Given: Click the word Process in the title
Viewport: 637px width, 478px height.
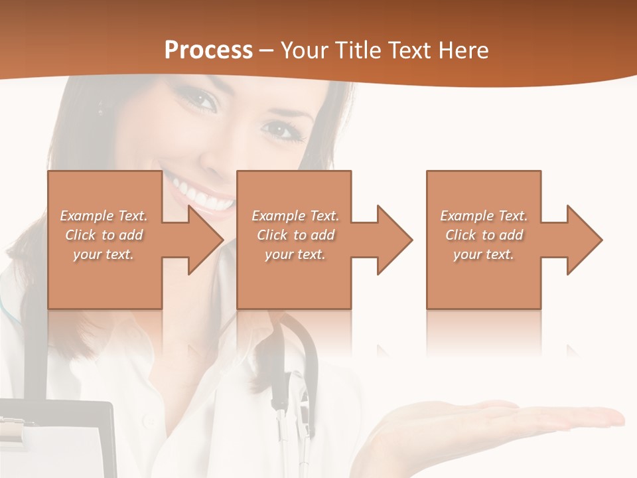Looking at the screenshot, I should pos(208,50).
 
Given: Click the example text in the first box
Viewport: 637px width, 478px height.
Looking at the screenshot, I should pos(104,235).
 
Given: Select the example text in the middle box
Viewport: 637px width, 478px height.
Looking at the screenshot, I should pos(295,235).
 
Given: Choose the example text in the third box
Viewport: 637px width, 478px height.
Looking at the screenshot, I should pos(484,235).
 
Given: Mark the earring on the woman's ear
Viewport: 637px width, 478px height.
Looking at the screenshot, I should pos(101,106).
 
